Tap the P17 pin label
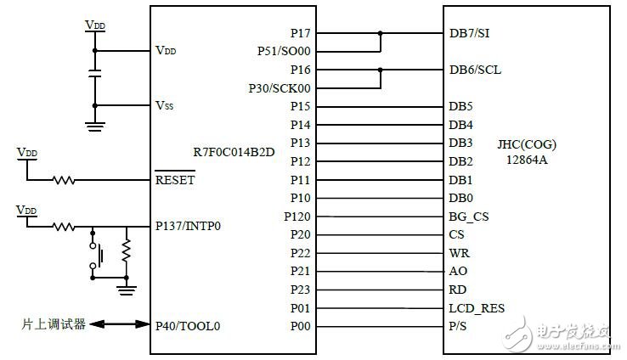(x=300, y=33)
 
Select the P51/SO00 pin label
(x=285, y=51)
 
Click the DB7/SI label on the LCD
(x=469, y=33)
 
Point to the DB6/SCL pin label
(x=474, y=70)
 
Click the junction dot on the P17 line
(x=381, y=33)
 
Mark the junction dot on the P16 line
(x=381, y=70)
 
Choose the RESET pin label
(x=175, y=180)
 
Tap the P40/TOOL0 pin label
(x=189, y=325)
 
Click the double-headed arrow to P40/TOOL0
(x=120, y=324)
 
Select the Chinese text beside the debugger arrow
(x=54, y=324)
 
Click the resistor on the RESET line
(x=63, y=180)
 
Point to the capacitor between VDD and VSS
(x=95, y=77)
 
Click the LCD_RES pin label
(x=476, y=308)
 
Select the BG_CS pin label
(x=469, y=216)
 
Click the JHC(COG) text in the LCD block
(x=527, y=144)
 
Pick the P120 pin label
(x=297, y=216)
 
